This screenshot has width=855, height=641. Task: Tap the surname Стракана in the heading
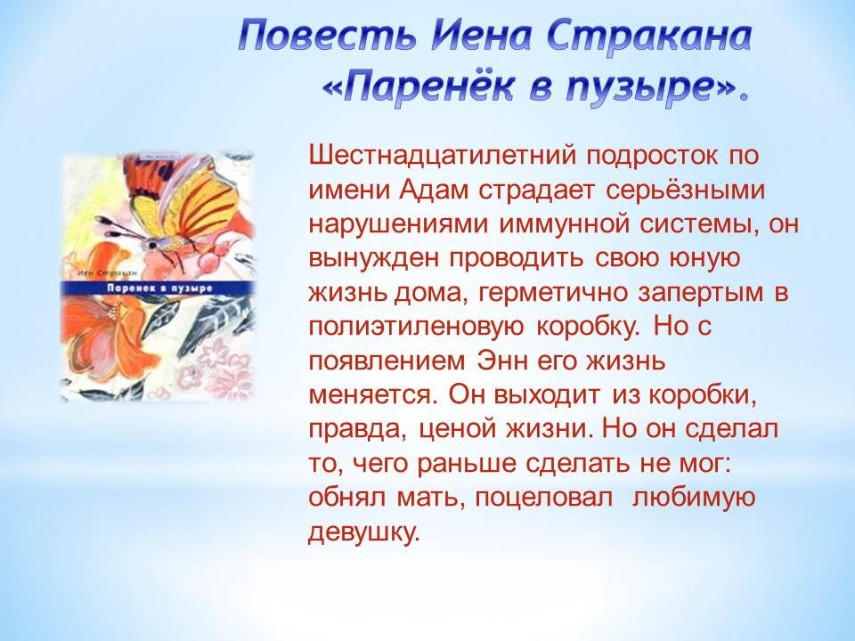(x=649, y=37)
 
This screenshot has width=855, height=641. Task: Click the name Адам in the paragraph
(x=434, y=191)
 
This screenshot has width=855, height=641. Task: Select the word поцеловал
(x=543, y=499)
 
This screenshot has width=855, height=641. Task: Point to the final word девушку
(x=364, y=532)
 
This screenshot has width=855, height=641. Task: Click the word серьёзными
(x=685, y=191)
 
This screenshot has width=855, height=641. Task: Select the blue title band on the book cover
(x=157, y=288)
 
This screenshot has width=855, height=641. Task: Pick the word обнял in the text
(x=348, y=499)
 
